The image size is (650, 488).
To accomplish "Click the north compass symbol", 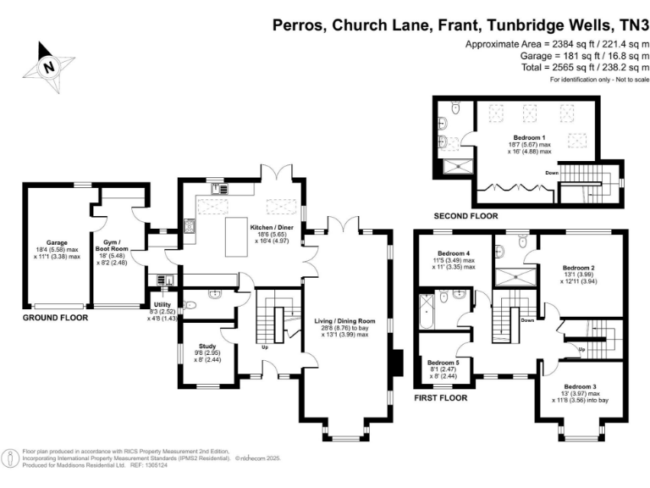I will point(49,65).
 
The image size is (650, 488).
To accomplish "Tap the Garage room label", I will point(57,242).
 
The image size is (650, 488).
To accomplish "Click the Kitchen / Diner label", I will point(272,228).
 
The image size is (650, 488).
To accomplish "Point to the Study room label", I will point(208,347).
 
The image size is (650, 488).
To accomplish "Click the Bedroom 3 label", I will point(581,386).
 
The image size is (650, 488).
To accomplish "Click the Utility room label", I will point(162,305).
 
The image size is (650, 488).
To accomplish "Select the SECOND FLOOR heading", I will point(465,216).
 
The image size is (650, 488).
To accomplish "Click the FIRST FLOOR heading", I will point(441,396).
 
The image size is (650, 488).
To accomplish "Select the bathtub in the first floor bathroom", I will point(422,313).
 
